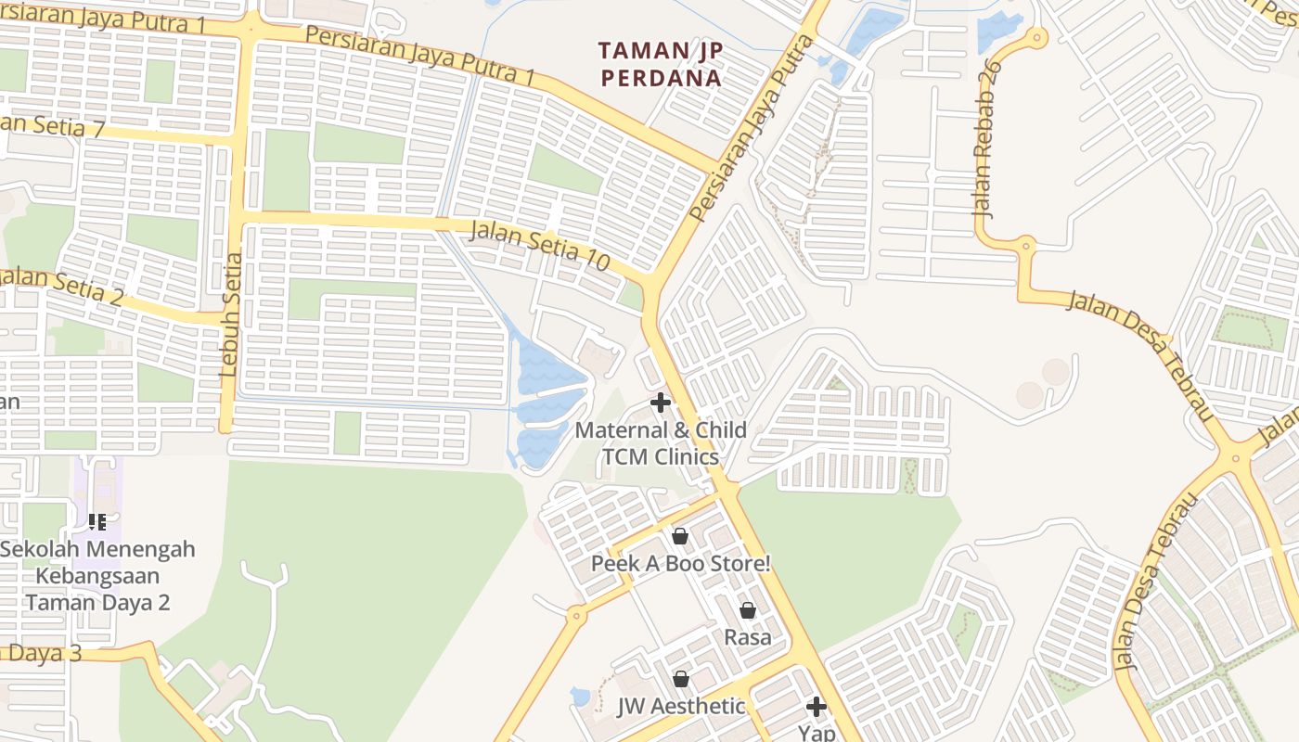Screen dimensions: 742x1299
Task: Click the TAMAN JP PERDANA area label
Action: pyautogui.click(x=660, y=64)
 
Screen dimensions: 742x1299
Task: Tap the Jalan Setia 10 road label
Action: pyautogui.click(x=540, y=245)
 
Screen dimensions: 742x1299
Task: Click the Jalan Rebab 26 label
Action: pyautogui.click(x=989, y=139)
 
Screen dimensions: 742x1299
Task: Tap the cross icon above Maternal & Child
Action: pyautogui.click(x=661, y=403)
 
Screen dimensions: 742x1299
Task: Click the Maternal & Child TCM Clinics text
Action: pyautogui.click(x=661, y=443)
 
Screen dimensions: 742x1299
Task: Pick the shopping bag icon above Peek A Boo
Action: pyautogui.click(x=680, y=536)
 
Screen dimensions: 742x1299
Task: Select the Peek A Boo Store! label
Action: pyautogui.click(x=681, y=563)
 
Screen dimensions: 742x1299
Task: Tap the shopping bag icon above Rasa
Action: pyautogui.click(x=748, y=610)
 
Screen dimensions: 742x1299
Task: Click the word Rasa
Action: pyautogui.click(x=748, y=637)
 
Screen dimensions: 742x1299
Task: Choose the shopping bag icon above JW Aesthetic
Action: pyautogui.click(x=681, y=679)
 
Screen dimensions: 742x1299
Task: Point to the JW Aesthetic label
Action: pyautogui.click(x=681, y=706)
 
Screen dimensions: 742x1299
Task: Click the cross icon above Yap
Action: pyautogui.click(x=817, y=707)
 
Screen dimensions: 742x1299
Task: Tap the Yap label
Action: pyautogui.click(x=817, y=733)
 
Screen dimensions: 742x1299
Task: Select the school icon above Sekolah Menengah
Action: pyautogui.click(x=97, y=522)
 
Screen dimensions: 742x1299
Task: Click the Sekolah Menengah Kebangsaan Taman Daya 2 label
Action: pyautogui.click(x=97, y=575)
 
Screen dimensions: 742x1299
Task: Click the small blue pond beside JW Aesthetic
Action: pyautogui.click(x=581, y=696)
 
